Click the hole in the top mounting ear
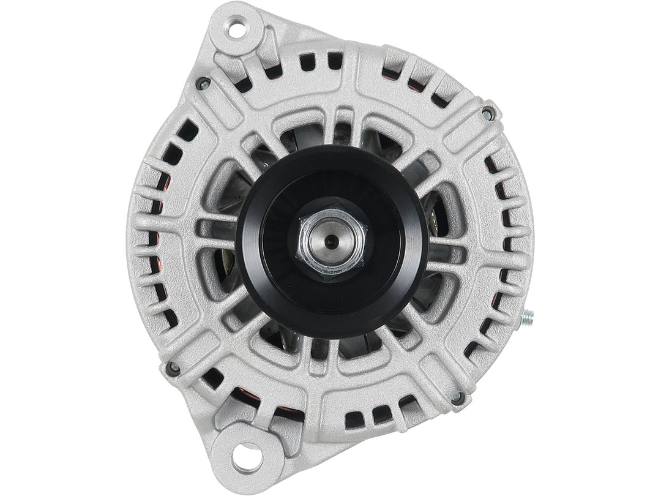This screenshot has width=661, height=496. tap(236, 28)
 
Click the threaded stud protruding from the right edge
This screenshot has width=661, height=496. tap(526, 318)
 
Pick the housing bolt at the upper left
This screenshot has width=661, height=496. tap(203, 83)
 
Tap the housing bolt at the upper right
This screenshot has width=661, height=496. tap(488, 113)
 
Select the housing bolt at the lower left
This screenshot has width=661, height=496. tap(173, 368)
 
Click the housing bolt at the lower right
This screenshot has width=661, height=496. tap(457, 398)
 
